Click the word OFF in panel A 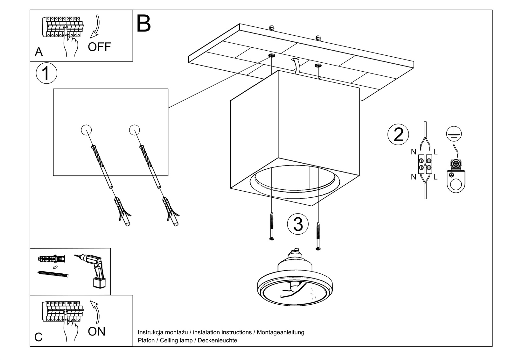tap(99, 47)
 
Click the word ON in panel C tap(96, 332)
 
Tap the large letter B tap(143, 23)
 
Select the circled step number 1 tap(46, 74)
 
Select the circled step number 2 tap(398, 134)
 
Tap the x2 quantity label tap(55, 268)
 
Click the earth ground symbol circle tap(454, 133)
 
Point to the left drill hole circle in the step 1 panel tap(87, 130)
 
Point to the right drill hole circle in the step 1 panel tap(135, 130)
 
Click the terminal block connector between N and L tap(425, 164)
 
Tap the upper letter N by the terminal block tap(414, 152)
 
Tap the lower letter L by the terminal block tap(436, 177)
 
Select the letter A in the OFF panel tap(39, 52)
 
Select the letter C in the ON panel tap(38, 337)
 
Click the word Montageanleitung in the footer tap(280, 332)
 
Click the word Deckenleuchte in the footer tap(217, 340)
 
